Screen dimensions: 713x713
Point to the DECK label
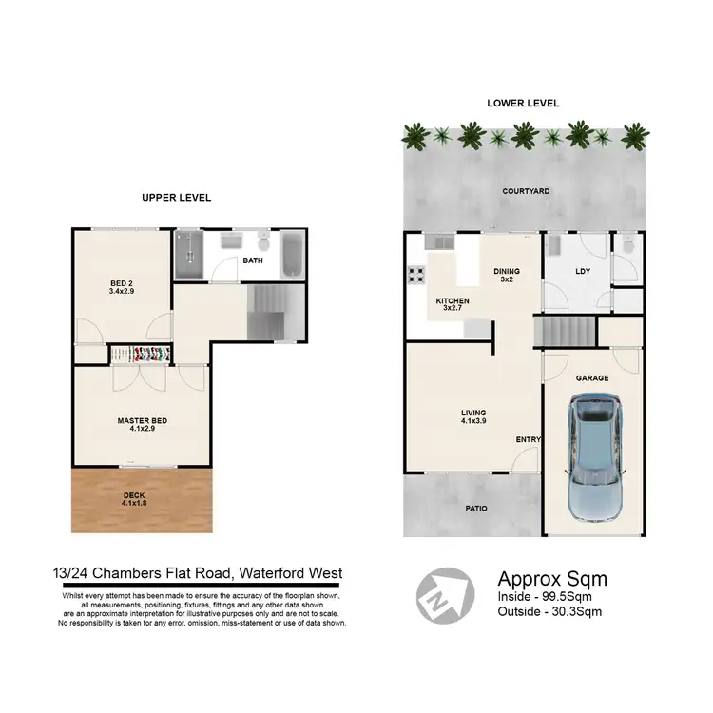(x=134, y=497)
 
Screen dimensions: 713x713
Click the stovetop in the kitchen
(x=415, y=276)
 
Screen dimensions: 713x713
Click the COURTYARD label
(x=526, y=191)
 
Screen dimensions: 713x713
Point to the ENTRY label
(x=528, y=439)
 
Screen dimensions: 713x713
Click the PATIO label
(x=476, y=509)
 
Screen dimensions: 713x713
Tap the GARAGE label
(x=591, y=377)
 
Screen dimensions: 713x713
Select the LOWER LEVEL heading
(x=523, y=103)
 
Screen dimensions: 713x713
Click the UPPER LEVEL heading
(x=176, y=197)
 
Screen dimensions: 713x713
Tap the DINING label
(x=507, y=276)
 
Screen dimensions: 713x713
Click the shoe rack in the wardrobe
(x=142, y=355)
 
